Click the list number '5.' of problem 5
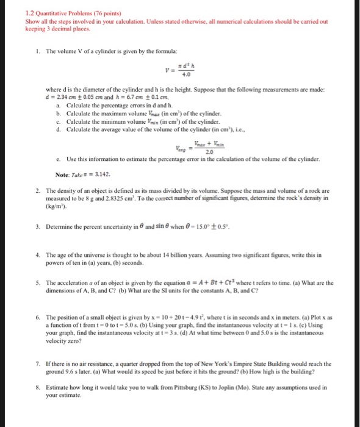39,282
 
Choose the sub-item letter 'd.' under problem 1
58,129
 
